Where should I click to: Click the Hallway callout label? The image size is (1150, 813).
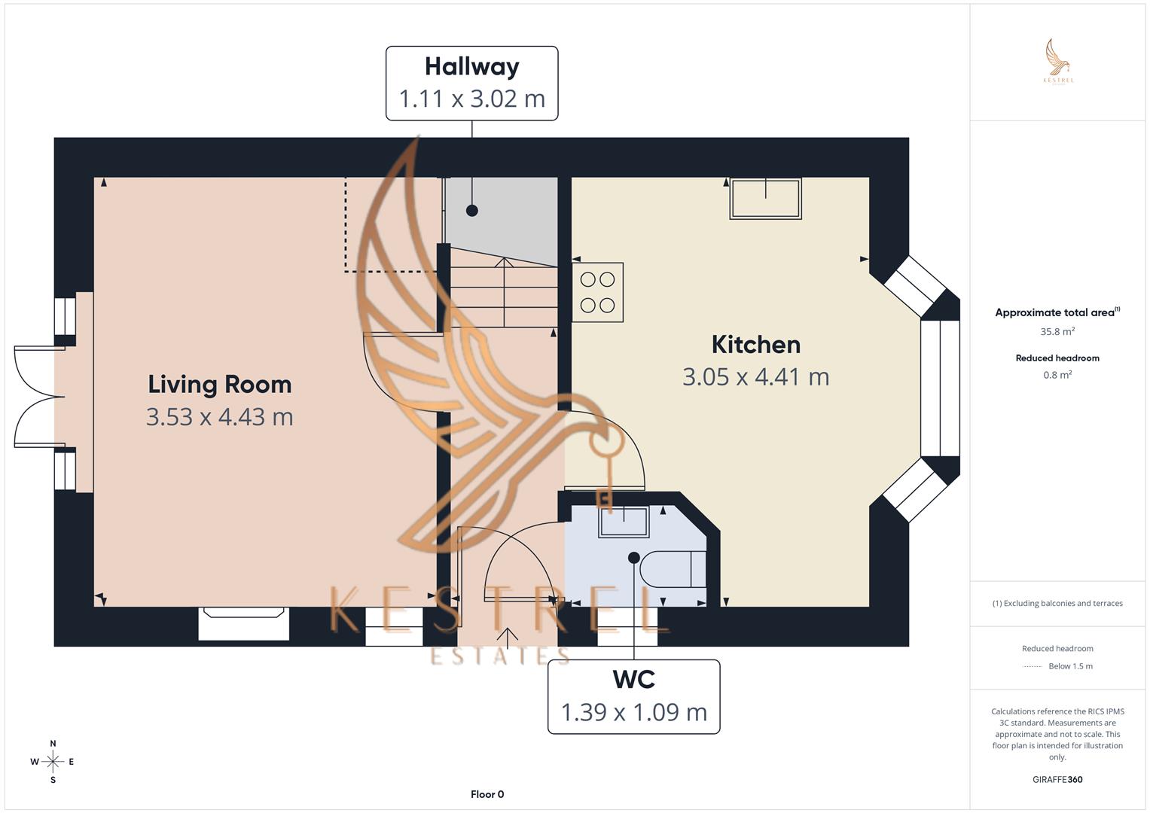471,83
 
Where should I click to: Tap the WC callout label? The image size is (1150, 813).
633,696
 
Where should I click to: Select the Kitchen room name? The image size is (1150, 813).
755,345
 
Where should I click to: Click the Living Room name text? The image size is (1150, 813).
219,385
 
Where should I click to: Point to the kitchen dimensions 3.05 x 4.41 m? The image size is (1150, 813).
755,376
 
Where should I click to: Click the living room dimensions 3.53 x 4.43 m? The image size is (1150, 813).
219,416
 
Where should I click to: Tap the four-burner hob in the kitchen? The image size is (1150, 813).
597,292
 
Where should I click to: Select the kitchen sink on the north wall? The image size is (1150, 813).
765,199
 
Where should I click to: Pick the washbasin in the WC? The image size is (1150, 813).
624,522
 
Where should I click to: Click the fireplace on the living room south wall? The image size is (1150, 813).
243,623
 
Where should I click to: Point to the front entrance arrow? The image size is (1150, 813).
508,638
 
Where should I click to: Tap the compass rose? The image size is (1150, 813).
53,762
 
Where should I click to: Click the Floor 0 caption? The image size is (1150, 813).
487,794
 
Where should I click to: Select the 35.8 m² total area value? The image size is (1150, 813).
1057,331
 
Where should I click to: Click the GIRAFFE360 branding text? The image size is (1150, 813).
1057,779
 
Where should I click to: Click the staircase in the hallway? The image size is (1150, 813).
503,294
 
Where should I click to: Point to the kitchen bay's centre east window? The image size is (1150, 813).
940,388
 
